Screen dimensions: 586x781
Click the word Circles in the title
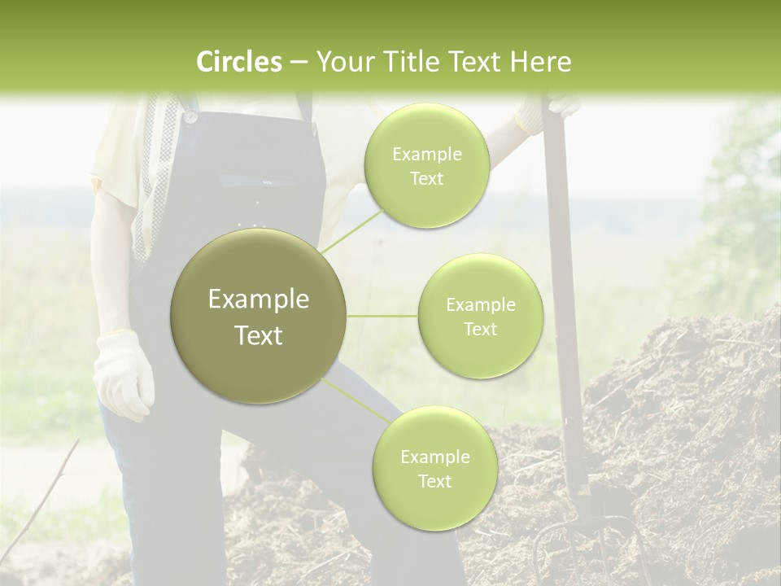tap(239, 62)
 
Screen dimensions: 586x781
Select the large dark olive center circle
tap(258, 316)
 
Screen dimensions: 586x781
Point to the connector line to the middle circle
tap(382, 316)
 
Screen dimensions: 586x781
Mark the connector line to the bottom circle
tap(356, 400)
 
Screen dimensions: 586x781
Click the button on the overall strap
tap(190, 116)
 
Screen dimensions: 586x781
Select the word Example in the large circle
tap(258, 300)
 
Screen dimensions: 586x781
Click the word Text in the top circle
tap(426, 179)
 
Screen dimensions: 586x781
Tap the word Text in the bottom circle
tap(434, 481)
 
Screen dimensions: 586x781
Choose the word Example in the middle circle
tap(480, 305)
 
